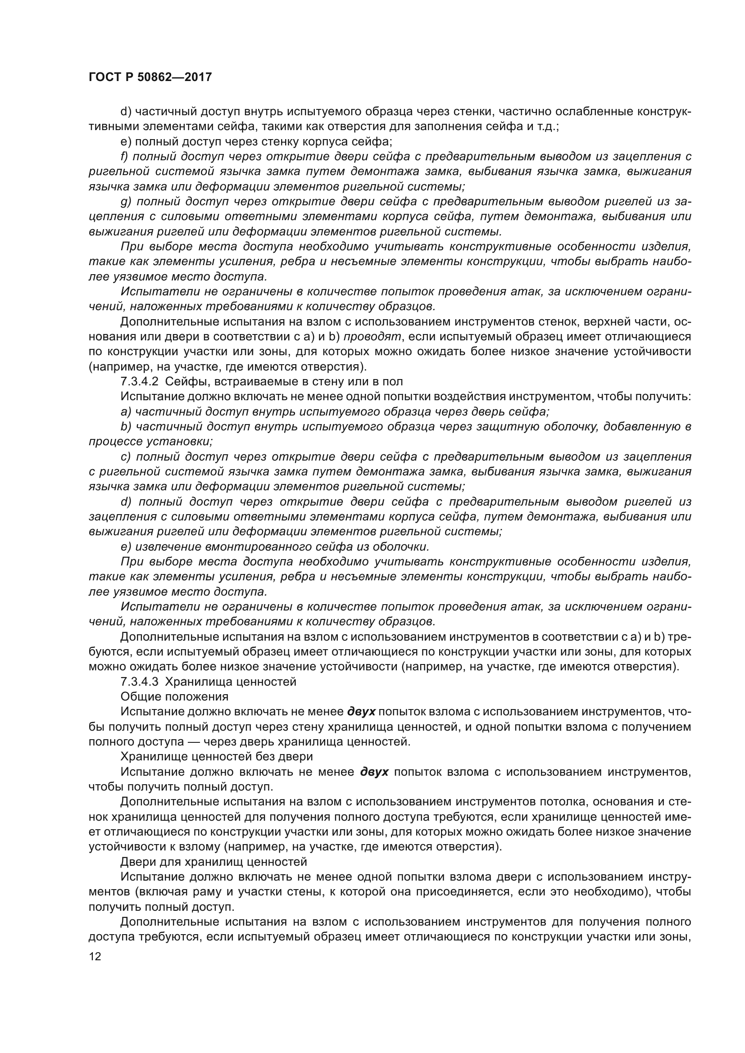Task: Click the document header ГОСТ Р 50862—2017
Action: pos(150,77)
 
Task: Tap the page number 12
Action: pos(95,957)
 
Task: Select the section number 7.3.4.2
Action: pos(140,382)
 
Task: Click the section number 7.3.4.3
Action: pos(140,682)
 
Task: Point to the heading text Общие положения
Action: pos(174,697)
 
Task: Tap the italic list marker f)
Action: pos(124,157)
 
